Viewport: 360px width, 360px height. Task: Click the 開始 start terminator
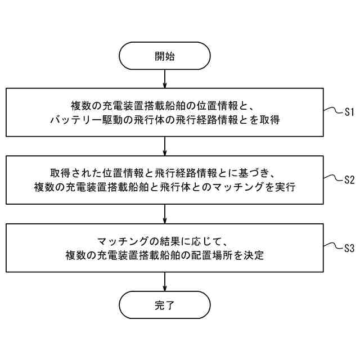pyautogui.click(x=164, y=56)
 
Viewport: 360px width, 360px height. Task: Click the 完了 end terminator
pyautogui.click(x=164, y=306)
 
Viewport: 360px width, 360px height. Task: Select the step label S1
pyautogui.click(x=349, y=112)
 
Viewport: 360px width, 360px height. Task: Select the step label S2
pyautogui.click(x=349, y=180)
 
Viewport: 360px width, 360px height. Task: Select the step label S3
pyautogui.click(x=349, y=248)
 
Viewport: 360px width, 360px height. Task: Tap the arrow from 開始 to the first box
pyautogui.click(x=164, y=78)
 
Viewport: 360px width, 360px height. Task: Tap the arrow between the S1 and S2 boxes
pyautogui.click(x=164, y=146)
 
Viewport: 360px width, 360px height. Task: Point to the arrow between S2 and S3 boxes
pyautogui.click(x=164, y=214)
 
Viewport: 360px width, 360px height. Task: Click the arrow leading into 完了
pyautogui.click(x=164, y=282)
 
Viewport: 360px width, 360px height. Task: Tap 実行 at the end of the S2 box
pyautogui.click(x=286, y=187)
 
